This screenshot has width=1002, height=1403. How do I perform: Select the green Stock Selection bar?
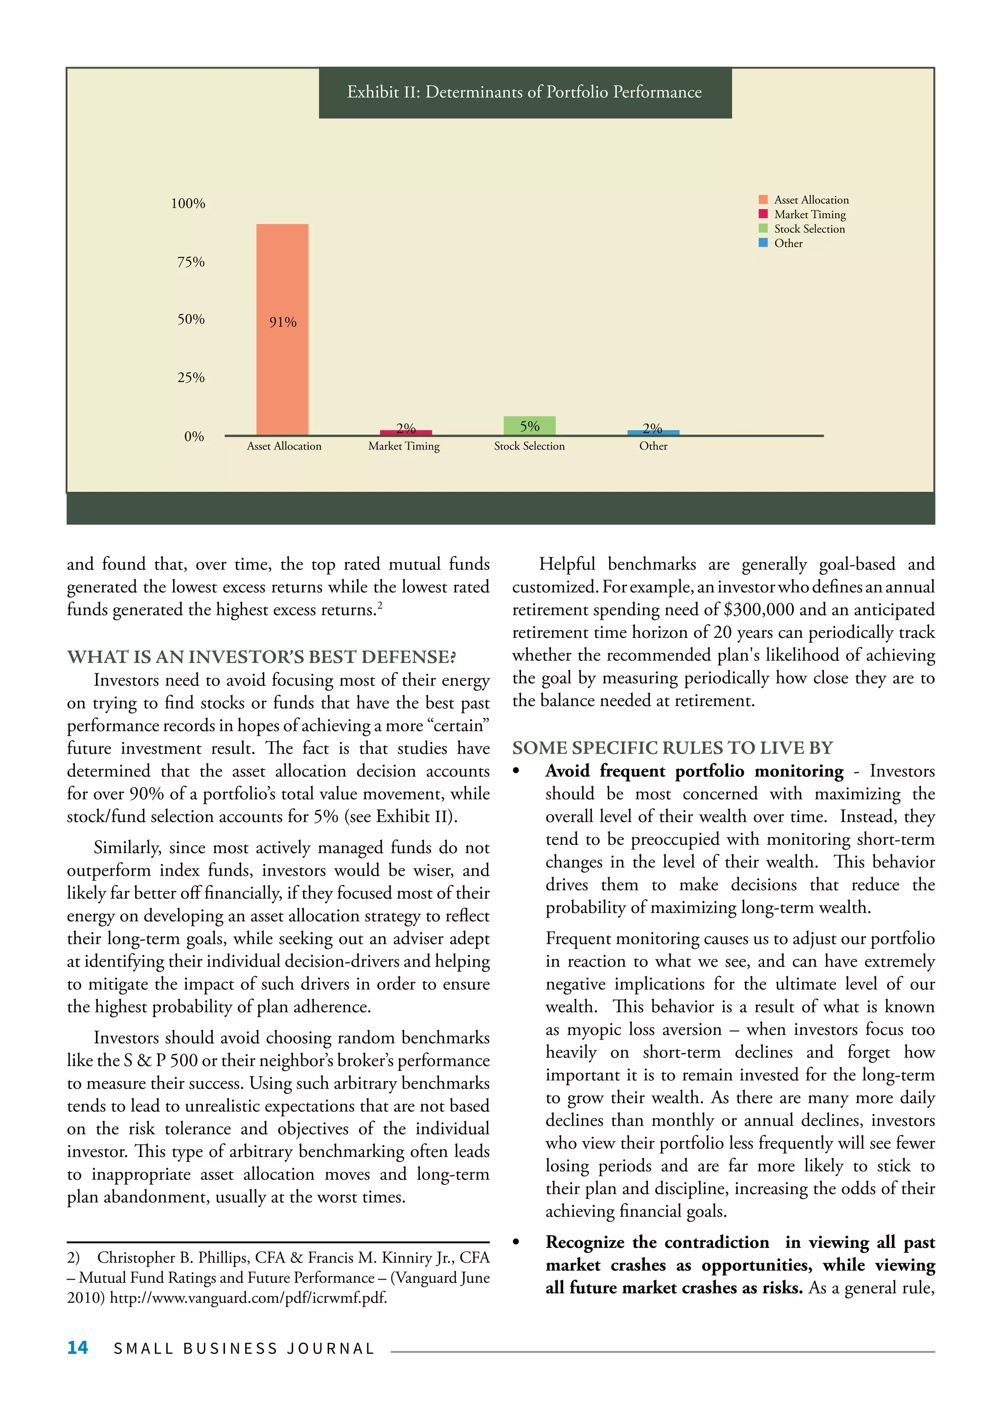pos(529,426)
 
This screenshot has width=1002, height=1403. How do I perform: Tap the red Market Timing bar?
pos(406,432)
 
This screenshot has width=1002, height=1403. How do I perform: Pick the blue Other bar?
pos(653,432)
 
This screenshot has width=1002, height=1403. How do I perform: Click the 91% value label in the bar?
pos(283,322)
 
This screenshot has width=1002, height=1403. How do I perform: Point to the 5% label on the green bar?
pos(529,426)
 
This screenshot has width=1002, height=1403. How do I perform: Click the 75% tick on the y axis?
pos(191,262)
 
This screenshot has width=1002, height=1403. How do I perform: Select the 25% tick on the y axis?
pos(191,378)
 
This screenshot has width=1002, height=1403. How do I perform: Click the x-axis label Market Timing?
pos(404,446)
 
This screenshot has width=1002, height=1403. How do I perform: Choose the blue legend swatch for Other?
pos(763,243)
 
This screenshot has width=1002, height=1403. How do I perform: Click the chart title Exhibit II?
pos(524,92)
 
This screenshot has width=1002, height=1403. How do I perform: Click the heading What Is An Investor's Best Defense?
pos(262,656)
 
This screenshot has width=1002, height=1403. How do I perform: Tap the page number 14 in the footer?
pos(78,1347)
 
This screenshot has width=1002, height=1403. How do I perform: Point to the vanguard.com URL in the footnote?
pos(248,1297)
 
